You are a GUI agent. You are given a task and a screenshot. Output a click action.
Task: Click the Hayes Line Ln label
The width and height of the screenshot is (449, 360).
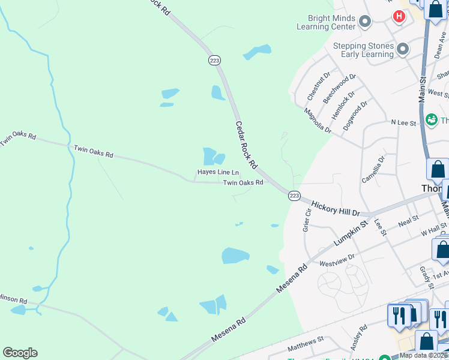point(218,172)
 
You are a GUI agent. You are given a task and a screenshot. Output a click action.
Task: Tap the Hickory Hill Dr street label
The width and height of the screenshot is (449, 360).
point(335,209)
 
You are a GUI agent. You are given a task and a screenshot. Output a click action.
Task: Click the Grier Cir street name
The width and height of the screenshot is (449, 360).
point(306,220)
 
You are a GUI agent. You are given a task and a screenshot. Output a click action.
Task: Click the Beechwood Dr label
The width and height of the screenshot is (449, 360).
point(340,88)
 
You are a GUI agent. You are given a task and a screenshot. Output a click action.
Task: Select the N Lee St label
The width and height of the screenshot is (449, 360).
point(403,122)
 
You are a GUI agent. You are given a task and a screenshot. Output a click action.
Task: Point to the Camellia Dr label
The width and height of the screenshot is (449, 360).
point(371,170)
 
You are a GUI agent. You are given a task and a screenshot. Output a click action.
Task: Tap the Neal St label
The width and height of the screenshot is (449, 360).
point(408,220)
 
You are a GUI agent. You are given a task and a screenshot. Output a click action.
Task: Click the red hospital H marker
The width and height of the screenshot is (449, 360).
point(398,16)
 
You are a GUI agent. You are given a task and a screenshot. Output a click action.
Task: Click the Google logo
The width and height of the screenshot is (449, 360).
point(20,353)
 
